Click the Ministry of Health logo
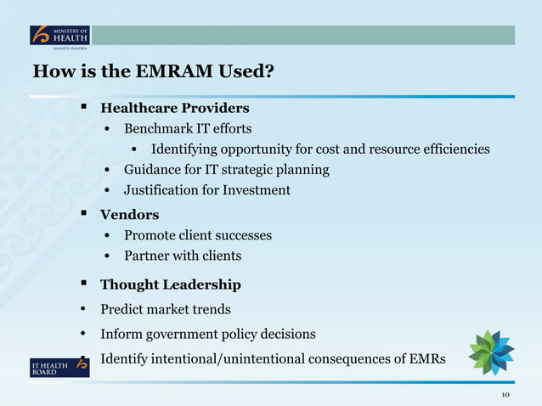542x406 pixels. click(59, 37)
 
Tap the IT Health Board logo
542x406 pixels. click(59, 366)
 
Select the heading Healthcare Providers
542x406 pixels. click(174, 109)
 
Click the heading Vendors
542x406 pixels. click(129, 215)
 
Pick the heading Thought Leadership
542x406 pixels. click(170, 285)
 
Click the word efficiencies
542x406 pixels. click(447, 149)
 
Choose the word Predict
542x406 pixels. click(123, 309)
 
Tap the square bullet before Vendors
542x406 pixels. click(85, 214)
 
